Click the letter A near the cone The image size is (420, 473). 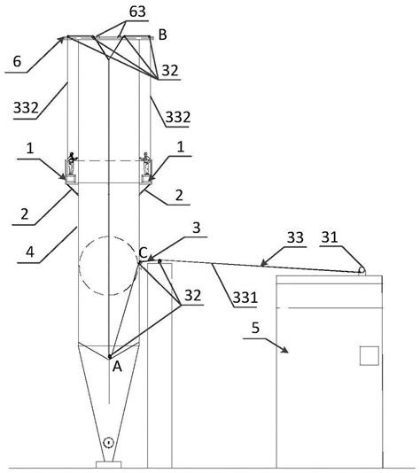117,367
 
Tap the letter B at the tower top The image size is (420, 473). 162,35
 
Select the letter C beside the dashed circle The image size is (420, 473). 143,252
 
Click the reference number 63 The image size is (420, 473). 137,12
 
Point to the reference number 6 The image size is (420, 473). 17,61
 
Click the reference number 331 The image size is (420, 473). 245,298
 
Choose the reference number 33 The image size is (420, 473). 295,237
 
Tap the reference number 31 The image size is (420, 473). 330,237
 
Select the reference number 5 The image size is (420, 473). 255,328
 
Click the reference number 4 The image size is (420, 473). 30,252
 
